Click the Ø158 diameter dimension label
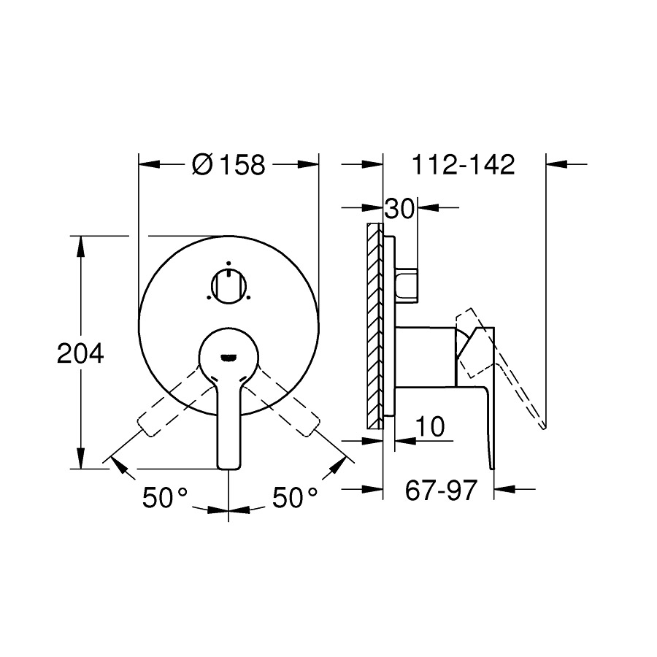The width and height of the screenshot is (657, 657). [228, 165]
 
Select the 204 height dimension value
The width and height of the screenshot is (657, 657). [81, 354]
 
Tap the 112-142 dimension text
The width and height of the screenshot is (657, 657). [464, 165]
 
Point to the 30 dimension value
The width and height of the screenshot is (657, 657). [399, 209]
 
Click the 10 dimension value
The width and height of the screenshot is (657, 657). [432, 427]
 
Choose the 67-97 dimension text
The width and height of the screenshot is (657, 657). [440, 491]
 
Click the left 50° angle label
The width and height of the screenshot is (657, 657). [166, 499]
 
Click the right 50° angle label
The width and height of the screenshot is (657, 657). [296, 499]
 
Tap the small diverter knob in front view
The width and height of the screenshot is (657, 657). [228, 284]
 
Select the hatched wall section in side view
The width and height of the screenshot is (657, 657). [374, 325]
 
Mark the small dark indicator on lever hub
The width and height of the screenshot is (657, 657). [228, 356]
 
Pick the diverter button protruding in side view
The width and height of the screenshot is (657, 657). [407, 285]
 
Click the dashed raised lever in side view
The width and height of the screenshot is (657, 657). [511, 372]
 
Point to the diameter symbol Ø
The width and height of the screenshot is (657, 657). [201, 165]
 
